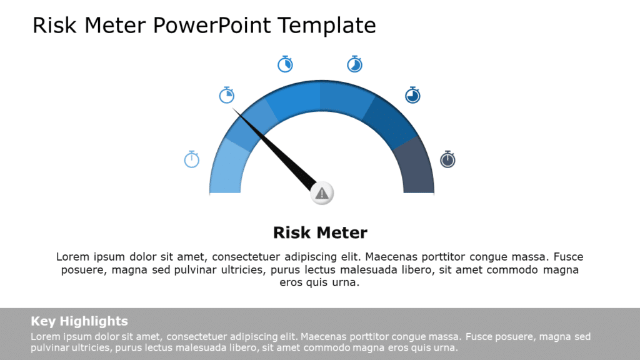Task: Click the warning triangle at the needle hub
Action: [322, 193]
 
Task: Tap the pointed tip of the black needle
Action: [234, 109]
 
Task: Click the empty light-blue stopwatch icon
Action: [191, 159]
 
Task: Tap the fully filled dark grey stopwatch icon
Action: [447, 159]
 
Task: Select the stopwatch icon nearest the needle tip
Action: [226, 95]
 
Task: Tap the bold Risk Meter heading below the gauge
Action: [320, 233]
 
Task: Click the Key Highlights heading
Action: [79, 321]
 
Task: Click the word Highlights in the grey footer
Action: [94, 321]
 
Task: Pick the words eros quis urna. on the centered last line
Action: [320, 282]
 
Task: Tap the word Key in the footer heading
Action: [43, 321]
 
